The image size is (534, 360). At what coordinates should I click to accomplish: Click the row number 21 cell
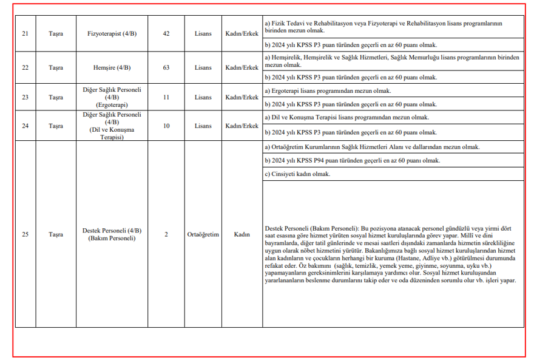(x=25, y=33)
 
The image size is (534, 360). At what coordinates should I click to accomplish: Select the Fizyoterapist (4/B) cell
(x=112, y=33)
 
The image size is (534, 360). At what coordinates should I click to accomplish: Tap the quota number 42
(x=166, y=33)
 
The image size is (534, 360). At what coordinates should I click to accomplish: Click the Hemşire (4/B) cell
(x=112, y=67)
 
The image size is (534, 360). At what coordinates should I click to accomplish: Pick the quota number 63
(x=166, y=67)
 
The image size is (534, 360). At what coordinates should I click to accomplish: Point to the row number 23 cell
(x=25, y=97)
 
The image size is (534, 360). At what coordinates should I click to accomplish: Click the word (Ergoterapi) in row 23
(x=112, y=104)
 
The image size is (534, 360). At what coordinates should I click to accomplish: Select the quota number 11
(x=166, y=97)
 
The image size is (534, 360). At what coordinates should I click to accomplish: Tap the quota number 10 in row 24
(x=166, y=126)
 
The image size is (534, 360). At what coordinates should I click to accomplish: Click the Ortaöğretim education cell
(x=203, y=234)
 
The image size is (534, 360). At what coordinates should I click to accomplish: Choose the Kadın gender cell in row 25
(x=242, y=234)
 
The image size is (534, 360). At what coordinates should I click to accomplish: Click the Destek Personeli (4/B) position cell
(x=112, y=234)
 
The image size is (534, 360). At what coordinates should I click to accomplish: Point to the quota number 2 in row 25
(x=166, y=234)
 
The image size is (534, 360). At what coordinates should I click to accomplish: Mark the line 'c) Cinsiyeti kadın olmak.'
(x=298, y=174)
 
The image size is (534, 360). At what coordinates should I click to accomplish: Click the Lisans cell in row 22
(x=203, y=67)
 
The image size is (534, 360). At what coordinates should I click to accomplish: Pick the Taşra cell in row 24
(x=56, y=126)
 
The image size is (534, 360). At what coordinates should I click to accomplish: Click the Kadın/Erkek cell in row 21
(x=242, y=33)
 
